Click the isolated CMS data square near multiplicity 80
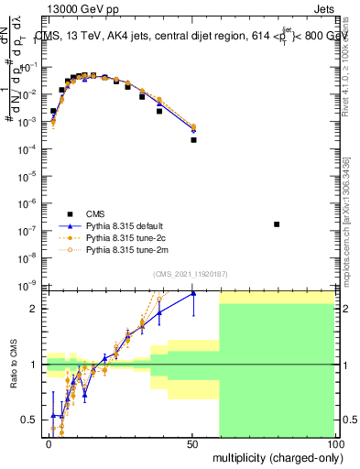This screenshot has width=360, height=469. [x=277, y=224]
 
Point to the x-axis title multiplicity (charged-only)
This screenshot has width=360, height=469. [x=272, y=456]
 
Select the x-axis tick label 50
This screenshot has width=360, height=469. [x=193, y=444]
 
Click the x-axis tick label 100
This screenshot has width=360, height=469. [x=334, y=444]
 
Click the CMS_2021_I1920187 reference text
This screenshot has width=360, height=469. [x=191, y=274]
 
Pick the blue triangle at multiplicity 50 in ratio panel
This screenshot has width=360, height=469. [x=193, y=293]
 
